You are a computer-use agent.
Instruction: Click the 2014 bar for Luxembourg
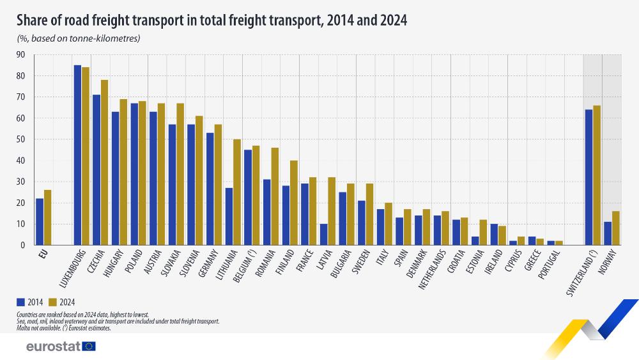77,155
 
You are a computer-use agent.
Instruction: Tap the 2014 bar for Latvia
324,234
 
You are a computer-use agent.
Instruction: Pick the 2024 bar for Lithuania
236,192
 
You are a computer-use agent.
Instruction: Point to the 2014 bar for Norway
607,233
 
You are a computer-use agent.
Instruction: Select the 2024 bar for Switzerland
596,175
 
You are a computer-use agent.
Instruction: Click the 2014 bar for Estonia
475,240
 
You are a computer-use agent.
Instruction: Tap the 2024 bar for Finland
293,203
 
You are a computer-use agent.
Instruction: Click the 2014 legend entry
29,302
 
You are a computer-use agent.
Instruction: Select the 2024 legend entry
63,302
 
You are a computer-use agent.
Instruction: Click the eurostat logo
61,346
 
